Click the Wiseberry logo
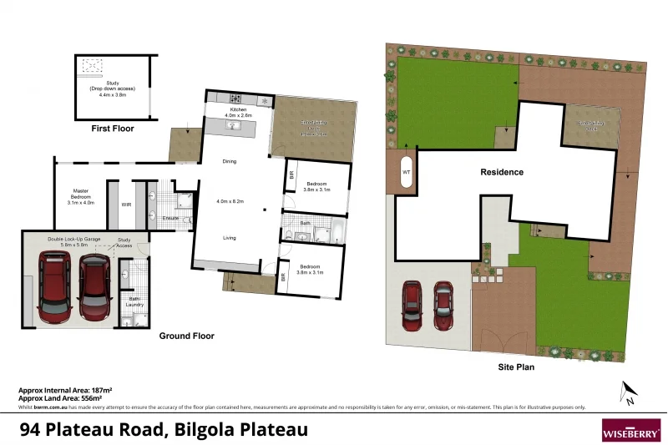point(630,429)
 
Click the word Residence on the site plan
point(502,173)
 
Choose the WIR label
point(127,203)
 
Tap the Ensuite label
point(170,218)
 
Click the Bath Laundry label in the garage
point(134,301)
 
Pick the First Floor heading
point(112,129)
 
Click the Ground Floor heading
point(187,336)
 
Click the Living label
point(229,238)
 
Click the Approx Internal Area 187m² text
point(66,390)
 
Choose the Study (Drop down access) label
point(112,88)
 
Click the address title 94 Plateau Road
point(164,430)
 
